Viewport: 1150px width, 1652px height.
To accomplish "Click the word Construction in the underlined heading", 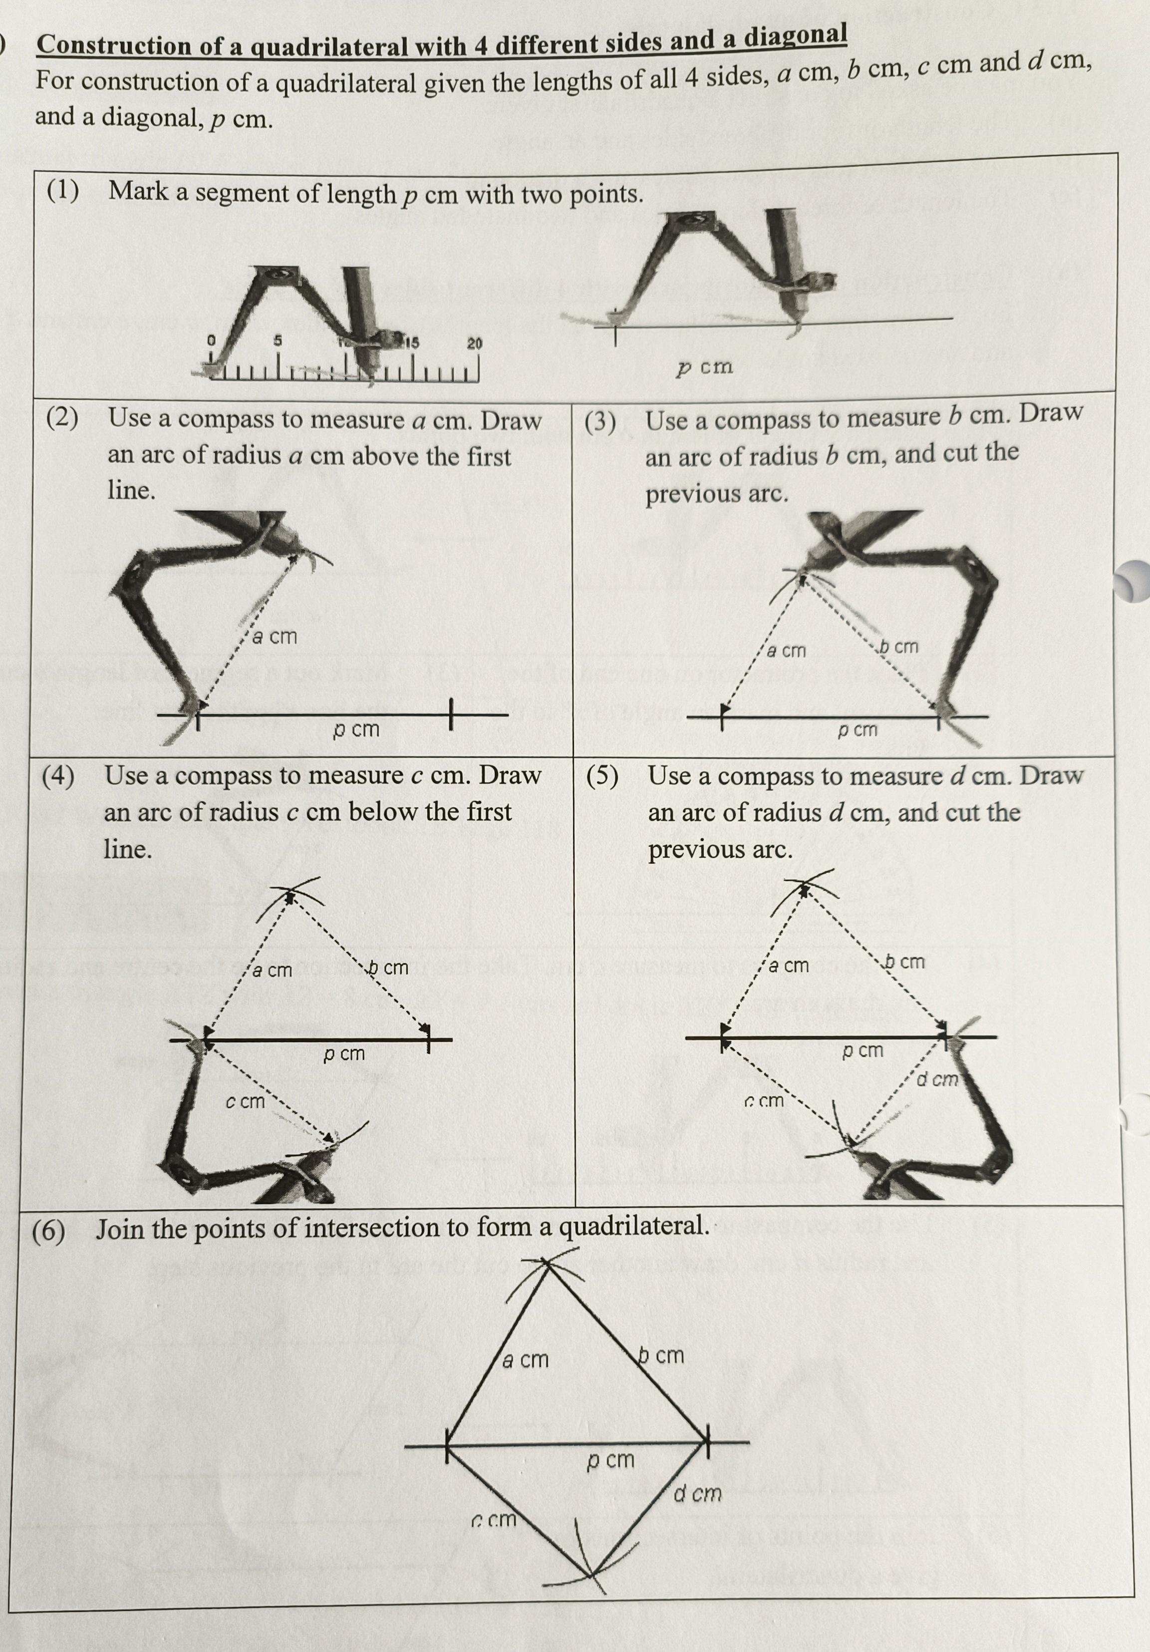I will [x=112, y=45].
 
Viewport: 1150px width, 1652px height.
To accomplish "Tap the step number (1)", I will [x=63, y=191].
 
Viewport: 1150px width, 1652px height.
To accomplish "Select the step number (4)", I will [x=58, y=776].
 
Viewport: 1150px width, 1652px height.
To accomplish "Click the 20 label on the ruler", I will [x=475, y=343].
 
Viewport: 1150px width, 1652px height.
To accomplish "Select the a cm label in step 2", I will [x=274, y=637].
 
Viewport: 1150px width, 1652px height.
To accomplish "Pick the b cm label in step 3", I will [x=899, y=647].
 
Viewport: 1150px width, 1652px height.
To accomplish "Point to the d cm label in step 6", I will [x=697, y=1494].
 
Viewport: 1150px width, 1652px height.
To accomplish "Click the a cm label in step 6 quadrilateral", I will [x=525, y=1360].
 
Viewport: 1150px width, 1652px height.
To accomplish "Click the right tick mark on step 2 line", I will [x=451, y=714].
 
